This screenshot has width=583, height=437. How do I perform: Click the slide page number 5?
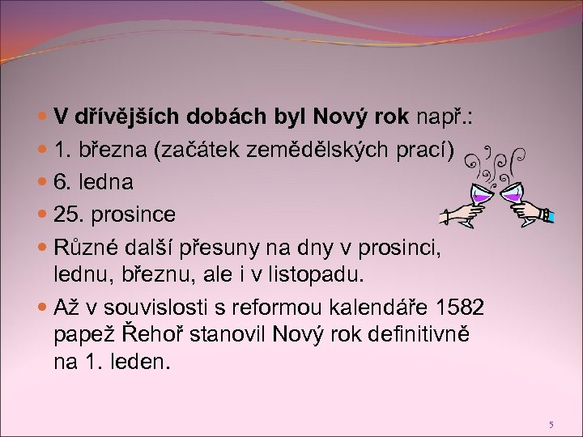pyautogui.click(x=550, y=424)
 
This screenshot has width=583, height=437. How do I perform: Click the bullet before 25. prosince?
pyautogui.click(x=41, y=216)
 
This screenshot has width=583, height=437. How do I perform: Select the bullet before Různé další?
pyautogui.click(x=41, y=247)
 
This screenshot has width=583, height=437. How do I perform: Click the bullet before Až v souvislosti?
pyautogui.click(x=41, y=309)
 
